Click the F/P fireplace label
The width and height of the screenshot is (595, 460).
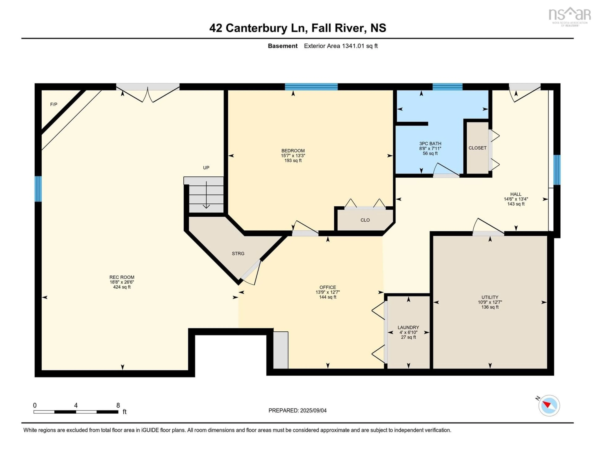[x=54, y=104]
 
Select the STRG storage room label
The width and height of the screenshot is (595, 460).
[x=238, y=254]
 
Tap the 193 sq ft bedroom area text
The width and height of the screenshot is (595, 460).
[x=293, y=161]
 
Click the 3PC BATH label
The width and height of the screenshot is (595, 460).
[x=430, y=143]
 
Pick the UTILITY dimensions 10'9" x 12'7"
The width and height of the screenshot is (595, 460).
[x=490, y=302]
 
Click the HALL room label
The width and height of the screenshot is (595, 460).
[x=516, y=194]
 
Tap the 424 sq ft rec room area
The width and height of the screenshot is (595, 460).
[x=122, y=287]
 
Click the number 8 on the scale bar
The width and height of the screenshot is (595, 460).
[x=118, y=405]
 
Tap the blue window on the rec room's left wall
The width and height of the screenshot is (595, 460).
[x=38, y=189]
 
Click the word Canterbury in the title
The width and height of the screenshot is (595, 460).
[x=256, y=28]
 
